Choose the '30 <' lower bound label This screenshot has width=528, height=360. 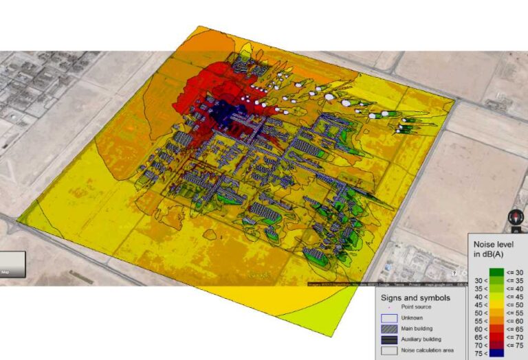pyautogui.click(x=481, y=281)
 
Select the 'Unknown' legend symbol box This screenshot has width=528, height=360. pyautogui.click(x=389, y=318)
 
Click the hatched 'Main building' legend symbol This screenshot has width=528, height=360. pyautogui.click(x=389, y=328)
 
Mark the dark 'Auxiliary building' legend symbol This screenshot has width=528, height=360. pyautogui.click(x=389, y=339)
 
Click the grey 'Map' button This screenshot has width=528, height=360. pyautogui.click(x=12, y=265)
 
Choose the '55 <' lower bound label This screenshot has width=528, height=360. pyautogui.click(x=481, y=321)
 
